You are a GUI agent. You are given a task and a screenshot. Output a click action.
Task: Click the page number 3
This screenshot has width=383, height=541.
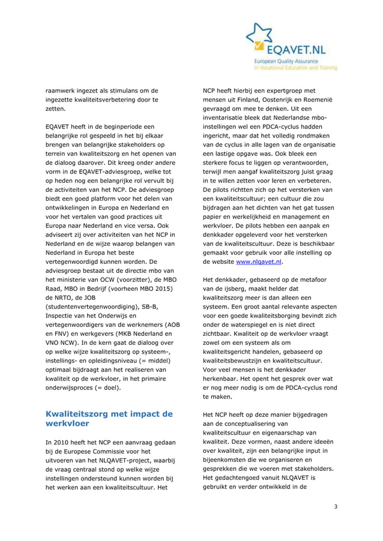click(336, 507)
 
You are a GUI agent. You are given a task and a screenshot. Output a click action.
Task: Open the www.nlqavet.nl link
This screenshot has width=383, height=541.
click(259, 262)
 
